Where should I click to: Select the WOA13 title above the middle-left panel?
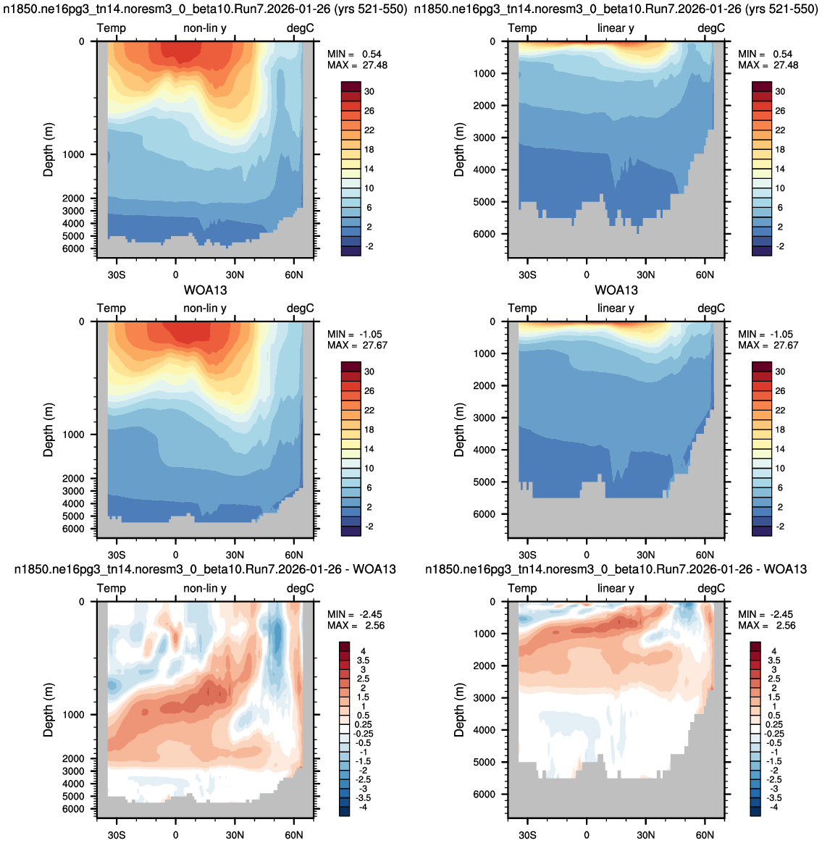click(x=206, y=290)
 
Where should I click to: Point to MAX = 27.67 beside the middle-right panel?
click(x=768, y=345)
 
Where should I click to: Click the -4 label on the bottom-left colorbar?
click(x=363, y=807)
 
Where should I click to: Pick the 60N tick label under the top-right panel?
click(x=705, y=274)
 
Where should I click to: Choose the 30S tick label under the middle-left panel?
click(x=116, y=555)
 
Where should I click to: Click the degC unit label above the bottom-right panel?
click(x=711, y=588)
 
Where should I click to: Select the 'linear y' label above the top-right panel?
click(x=616, y=28)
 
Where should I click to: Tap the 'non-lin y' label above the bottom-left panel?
click(x=205, y=588)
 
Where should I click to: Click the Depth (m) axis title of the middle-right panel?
click(x=458, y=429)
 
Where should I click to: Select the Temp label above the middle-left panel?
click(x=112, y=308)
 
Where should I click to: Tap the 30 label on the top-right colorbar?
click(x=780, y=91)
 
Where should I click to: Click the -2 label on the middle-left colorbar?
click(x=369, y=527)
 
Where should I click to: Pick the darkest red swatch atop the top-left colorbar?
click(x=351, y=87)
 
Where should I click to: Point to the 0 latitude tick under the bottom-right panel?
click(x=587, y=835)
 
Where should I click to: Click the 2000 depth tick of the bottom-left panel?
click(x=74, y=758)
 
